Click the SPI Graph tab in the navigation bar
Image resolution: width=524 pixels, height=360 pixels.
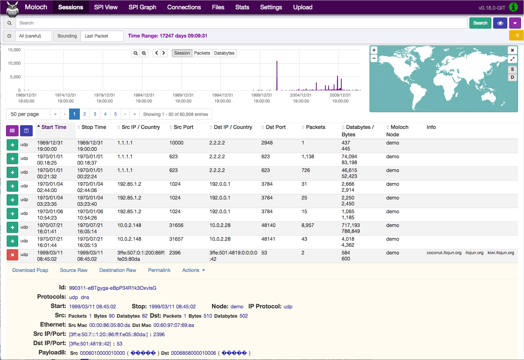[x=142, y=7]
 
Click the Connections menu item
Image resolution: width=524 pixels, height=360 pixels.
[x=184, y=7]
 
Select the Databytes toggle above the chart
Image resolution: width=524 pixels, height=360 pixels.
[x=224, y=53]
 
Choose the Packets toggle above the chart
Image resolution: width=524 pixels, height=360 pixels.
[x=202, y=53]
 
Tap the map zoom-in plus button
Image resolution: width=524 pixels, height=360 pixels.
[x=374, y=50]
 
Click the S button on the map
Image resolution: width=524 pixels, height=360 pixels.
[x=512, y=69]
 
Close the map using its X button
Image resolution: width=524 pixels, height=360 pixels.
[x=512, y=50]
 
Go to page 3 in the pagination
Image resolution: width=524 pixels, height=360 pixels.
[x=95, y=114]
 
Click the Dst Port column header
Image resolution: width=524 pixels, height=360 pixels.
[x=276, y=127]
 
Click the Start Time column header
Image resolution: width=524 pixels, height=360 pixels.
[x=54, y=127]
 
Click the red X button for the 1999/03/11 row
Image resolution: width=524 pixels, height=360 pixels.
[x=12, y=255]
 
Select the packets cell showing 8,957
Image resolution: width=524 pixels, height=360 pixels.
[x=308, y=225]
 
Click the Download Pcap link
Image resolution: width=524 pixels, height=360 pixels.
[x=30, y=270]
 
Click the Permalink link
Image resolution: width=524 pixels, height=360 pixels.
[x=159, y=270]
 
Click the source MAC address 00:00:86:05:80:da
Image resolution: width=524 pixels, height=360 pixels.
[x=110, y=325]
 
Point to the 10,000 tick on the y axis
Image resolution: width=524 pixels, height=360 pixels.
[x=14, y=63]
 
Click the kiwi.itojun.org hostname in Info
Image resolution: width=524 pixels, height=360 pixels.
[x=501, y=253]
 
